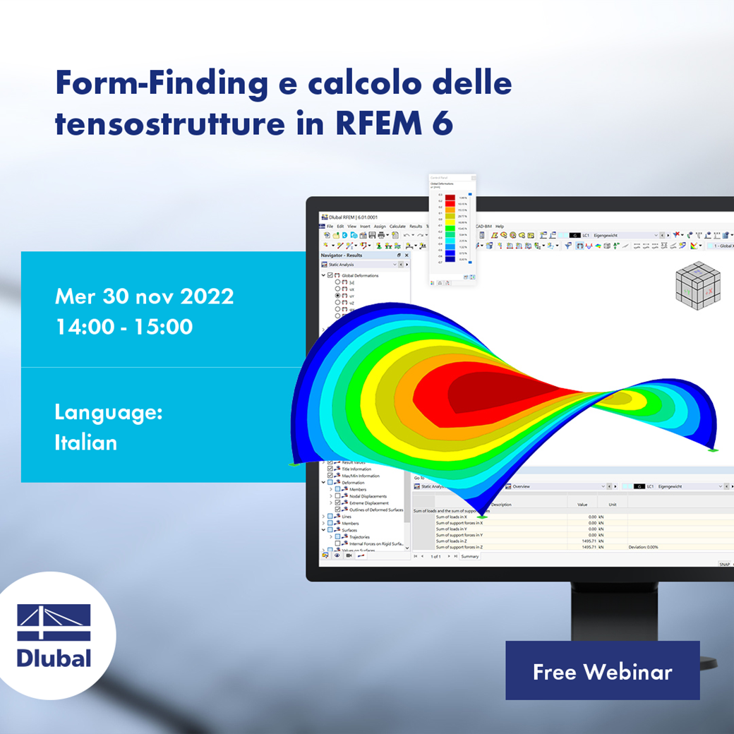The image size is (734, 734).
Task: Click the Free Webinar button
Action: (602, 671)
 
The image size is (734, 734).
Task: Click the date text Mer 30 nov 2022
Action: (144, 296)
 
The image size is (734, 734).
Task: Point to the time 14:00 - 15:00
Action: (124, 327)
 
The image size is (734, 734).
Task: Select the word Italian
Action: (85, 443)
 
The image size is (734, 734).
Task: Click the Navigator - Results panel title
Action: (342, 255)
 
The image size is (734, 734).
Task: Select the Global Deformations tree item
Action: (360, 275)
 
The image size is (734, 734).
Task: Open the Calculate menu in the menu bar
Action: (397, 227)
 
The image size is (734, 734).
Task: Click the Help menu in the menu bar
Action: (500, 227)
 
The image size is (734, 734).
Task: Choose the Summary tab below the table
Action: (469, 556)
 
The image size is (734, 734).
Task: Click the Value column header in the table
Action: (582, 505)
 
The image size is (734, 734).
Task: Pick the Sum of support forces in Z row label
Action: (459, 547)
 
